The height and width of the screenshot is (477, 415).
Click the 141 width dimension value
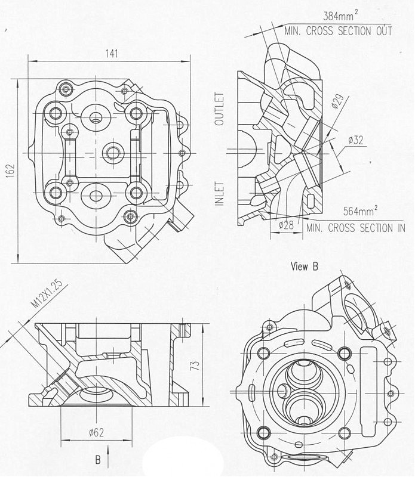[112, 54]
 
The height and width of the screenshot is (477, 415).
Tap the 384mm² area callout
[340, 16]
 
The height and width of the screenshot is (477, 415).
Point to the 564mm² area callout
[361, 210]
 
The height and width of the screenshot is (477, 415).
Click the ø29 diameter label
[337, 101]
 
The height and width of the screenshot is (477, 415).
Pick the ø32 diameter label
[356, 140]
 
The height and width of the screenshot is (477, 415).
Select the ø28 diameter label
[286, 225]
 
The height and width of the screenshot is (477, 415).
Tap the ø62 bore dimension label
[96, 432]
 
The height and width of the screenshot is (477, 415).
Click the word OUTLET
[219, 109]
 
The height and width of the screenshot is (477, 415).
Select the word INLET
[219, 194]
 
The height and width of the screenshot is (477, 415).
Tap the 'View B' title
[305, 267]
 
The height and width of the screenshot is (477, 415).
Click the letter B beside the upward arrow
[98, 460]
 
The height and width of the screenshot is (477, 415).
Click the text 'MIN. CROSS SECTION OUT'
[338, 31]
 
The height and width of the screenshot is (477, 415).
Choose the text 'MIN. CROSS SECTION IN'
[356, 228]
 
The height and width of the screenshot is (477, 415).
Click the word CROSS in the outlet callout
[319, 31]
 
